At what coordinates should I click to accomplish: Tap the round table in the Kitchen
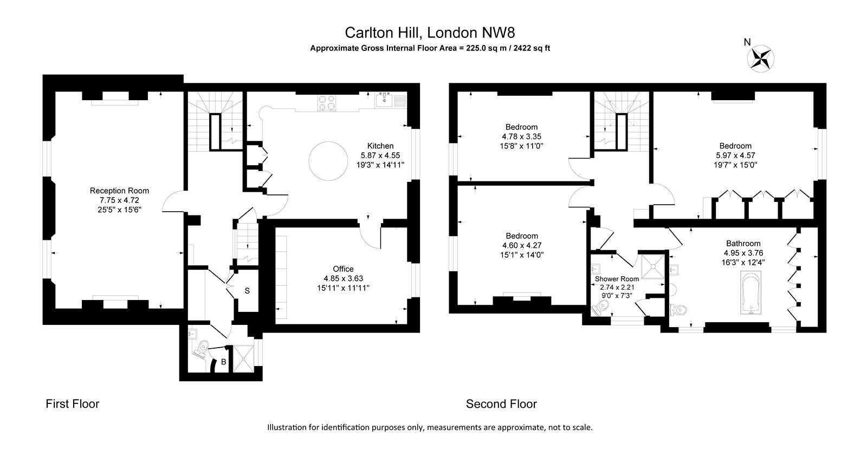tap(328, 161)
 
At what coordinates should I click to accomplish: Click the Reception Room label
tap(119, 191)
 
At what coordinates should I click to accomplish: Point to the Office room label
tap(344, 269)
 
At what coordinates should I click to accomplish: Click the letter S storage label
tap(247, 291)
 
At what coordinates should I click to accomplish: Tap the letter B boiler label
tap(223, 362)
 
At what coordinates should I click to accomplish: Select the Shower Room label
tap(617, 279)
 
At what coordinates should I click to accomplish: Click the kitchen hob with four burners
tap(327, 103)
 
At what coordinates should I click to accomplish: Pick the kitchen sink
tap(384, 100)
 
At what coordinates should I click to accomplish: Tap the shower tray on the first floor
tap(243, 359)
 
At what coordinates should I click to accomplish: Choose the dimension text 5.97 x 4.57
tap(735, 155)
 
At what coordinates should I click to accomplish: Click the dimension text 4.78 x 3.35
tap(521, 136)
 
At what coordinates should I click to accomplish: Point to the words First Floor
tap(73, 403)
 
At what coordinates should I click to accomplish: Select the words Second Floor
tap(501, 403)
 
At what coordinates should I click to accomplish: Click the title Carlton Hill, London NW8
tap(430, 32)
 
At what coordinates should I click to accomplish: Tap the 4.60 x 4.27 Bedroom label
tap(522, 236)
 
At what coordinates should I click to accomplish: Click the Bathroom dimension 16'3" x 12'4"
tap(743, 262)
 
